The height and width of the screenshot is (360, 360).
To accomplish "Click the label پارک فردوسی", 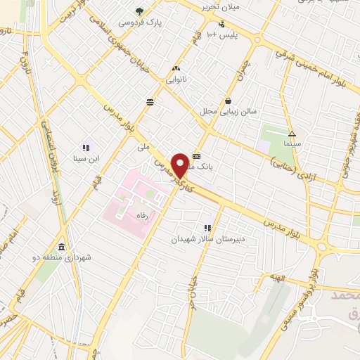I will (x=139, y=22).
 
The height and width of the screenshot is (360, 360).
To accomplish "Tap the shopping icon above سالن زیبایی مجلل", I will (x=229, y=100).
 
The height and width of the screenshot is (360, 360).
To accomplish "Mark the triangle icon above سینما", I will (x=291, y=133).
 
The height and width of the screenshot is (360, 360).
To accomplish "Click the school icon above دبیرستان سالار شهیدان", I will (x=207, y=228).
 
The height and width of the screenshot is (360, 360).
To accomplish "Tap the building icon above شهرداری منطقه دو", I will (x=61, y=247).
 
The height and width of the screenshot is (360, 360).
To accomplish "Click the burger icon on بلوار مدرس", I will (x=150, y=102).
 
